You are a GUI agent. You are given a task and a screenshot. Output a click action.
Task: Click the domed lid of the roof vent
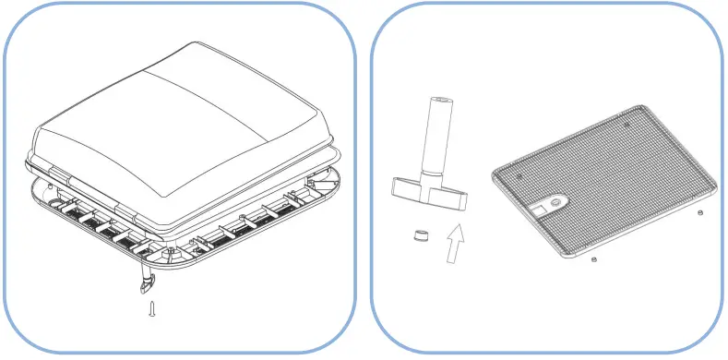pos(175,120)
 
